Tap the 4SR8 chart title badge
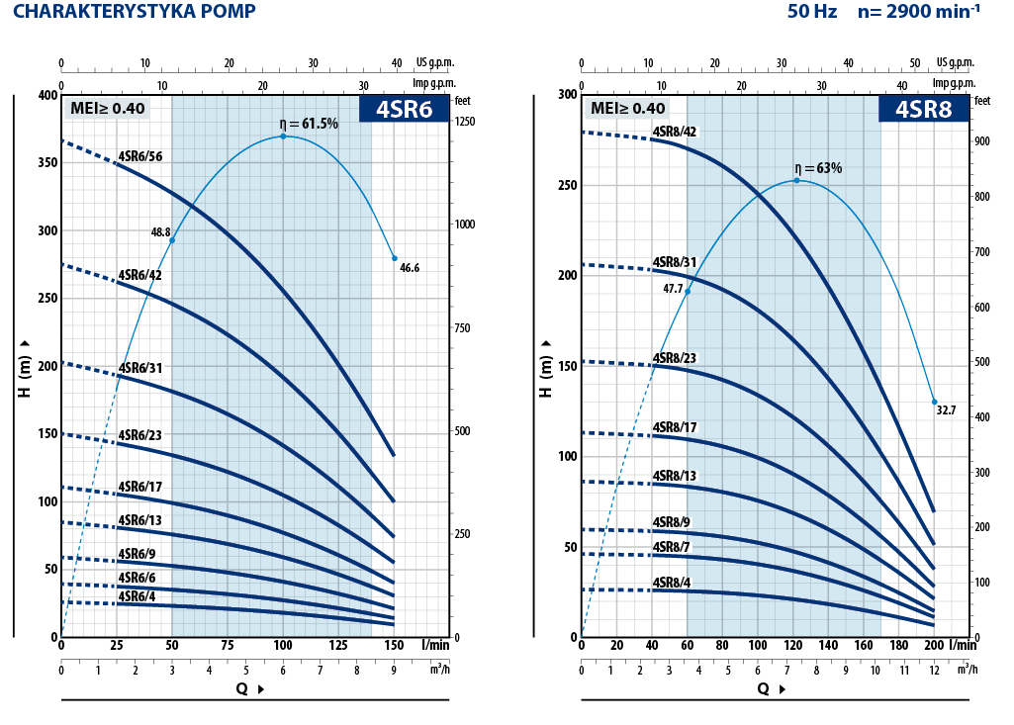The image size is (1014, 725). click(x=923, y=109)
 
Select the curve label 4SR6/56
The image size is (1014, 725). click(x=139, y=156)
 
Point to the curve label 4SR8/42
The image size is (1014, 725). click(x=675, y=132)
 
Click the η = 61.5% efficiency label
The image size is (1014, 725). click(x=309, y=124)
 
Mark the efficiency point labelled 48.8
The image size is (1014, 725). click(x=172, y=240)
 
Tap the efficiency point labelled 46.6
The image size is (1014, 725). click(x=394, y=258)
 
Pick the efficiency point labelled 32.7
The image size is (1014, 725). click(x=934, y=402)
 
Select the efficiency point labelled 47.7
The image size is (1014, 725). click(x=688, y=291)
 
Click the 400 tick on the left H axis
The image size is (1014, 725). click(x=47, y=95)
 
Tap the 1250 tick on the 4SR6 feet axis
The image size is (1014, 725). click(x=464, y=122)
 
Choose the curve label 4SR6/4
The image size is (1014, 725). click(x=137, y=596)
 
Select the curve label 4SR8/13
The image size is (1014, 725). click(x=675, y=476)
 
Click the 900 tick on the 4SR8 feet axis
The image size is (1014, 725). click(x=981, y=141)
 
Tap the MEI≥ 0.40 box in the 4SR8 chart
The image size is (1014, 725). click(x=628, y=109)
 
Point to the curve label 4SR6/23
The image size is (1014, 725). click(x=139, y=434)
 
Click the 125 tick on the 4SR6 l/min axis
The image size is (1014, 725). click(x=338, y=646)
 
